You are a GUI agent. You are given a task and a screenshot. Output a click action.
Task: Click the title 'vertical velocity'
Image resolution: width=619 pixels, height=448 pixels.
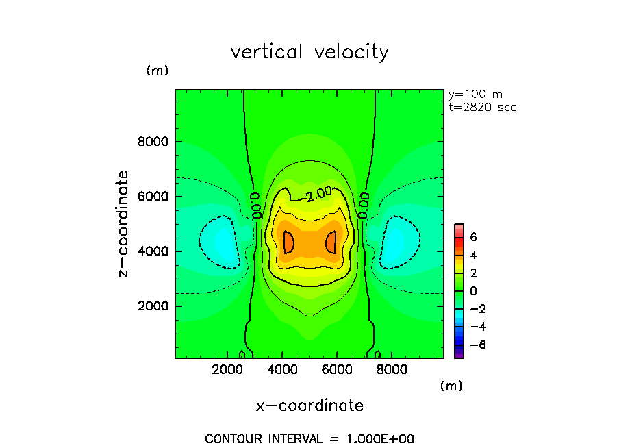[309, 52]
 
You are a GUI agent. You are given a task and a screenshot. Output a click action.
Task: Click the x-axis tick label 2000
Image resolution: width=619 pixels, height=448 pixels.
[229, 371]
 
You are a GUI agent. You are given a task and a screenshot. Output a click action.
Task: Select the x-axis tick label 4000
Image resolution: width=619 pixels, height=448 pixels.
[283, 371]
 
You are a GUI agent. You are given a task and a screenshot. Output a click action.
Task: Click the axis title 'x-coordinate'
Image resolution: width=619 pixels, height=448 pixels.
[309, 406]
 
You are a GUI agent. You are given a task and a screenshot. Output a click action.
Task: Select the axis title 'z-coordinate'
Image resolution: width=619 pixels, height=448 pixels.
[124, 224]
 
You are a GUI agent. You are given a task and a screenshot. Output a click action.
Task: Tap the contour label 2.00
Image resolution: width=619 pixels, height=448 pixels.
[319, 194]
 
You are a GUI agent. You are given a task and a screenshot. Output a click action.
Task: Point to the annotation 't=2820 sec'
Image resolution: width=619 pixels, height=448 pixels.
[482, 107]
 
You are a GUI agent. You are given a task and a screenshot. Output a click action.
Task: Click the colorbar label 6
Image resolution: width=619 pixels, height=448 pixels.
[473, 237]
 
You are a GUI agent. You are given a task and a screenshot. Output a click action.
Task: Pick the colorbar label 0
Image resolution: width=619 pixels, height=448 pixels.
[473, 290]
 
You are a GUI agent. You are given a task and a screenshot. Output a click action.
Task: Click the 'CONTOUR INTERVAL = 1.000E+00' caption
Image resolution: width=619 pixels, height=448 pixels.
[309, 438]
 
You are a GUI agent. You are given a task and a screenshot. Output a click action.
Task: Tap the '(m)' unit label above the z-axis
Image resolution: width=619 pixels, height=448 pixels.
[157, 71]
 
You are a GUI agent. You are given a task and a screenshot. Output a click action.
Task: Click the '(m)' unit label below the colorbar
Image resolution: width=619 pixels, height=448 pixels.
[451, 386]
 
